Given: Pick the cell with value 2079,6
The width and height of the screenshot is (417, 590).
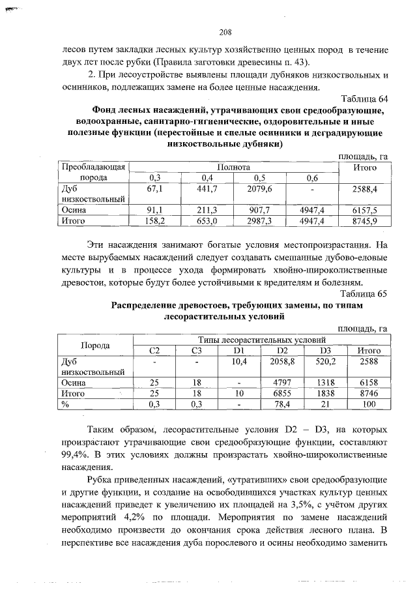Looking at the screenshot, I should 260,189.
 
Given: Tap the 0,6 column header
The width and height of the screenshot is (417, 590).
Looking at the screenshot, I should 312,178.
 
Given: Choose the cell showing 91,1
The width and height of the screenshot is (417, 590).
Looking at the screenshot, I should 155,211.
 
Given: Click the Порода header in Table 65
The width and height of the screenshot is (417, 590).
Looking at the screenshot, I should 95,345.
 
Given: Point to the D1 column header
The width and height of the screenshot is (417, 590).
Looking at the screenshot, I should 239,351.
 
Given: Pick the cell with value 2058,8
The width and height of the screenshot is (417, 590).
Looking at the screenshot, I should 283,361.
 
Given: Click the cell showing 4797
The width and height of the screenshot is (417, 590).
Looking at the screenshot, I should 283,383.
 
